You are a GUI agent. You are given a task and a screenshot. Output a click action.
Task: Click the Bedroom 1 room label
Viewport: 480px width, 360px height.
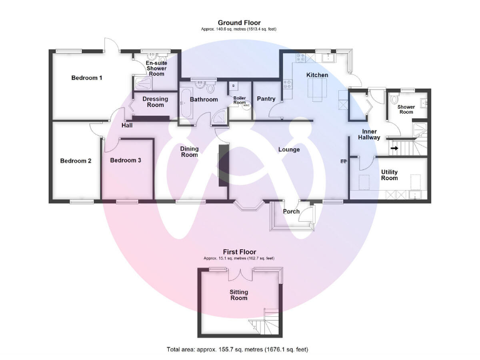(x=86, y=78)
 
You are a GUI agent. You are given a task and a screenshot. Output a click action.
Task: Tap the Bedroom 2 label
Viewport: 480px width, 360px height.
(x=76, y=161)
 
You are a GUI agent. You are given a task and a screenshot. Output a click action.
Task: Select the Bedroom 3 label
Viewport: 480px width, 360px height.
(x=126, y=161)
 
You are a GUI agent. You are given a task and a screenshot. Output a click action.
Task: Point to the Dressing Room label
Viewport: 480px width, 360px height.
(x=155, y=102)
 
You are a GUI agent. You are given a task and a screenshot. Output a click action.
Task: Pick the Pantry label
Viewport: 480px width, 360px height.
(x=266, y=99)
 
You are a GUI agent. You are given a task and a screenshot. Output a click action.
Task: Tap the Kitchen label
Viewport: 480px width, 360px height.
(x=317, y=76)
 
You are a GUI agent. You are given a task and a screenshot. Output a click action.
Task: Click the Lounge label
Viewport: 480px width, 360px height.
(x=289, y=149)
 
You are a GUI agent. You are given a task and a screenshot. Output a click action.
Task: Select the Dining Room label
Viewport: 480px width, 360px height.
(x=189, y=152)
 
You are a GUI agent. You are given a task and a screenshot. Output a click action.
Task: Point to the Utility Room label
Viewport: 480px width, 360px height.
(x=389, y=174)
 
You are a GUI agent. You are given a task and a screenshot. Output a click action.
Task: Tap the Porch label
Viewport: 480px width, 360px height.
(x=291, y=211)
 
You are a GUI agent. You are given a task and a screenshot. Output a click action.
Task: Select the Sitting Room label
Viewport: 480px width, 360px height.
(x=239, y=295)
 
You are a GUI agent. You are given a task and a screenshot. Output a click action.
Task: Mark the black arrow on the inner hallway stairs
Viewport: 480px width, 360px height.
(x=394, y=148)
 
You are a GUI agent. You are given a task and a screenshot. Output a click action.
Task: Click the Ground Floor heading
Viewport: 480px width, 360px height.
(x=240, y=22)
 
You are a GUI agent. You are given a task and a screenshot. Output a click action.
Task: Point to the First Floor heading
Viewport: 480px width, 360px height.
(x=239, y=252)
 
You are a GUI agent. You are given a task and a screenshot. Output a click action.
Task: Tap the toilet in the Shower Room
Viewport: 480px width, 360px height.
(x=394, y=101)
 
